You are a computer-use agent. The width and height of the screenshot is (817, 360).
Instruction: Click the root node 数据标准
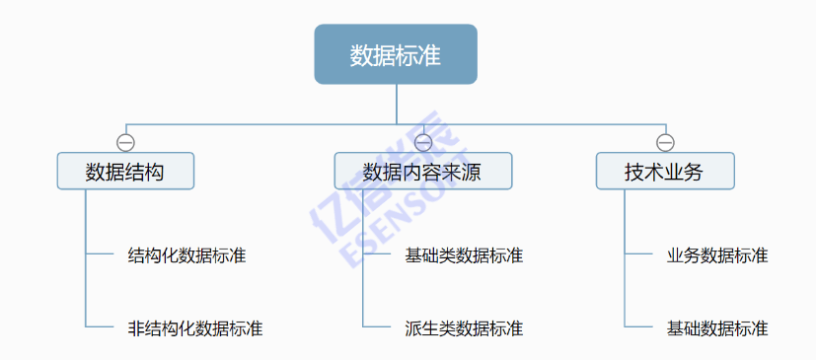(x=396, y=55)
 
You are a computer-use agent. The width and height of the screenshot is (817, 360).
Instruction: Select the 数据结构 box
(x=125, y=173)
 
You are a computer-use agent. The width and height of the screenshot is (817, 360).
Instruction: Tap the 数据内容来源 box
(x=423, y=173)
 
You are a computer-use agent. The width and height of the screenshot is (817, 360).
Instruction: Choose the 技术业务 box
(x=665, y=173)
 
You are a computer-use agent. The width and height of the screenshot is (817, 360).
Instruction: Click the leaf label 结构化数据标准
(x=187, y=256)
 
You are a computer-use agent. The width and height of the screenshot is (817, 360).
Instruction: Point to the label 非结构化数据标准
(x=195, y=328)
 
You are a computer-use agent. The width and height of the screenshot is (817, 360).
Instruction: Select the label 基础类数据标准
(x=464, y=256)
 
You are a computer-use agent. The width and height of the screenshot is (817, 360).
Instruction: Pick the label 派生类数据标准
(x=464, y=328)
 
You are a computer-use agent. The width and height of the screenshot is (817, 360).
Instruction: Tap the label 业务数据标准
(x=717, y=256)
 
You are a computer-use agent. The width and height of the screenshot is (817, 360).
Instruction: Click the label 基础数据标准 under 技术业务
(x=717, y=328)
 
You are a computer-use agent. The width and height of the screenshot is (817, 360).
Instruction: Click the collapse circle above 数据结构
(x=125, y=141)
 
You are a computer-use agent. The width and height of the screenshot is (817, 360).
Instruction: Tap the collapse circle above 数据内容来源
(x=423, y=141)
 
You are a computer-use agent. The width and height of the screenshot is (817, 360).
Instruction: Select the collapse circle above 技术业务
(x=665, y=141)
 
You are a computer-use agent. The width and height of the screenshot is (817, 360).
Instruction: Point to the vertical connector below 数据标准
(x=396, y=104)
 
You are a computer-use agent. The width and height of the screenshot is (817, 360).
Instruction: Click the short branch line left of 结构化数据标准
(x=101, y=254)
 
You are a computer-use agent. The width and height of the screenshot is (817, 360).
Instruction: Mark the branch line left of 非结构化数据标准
(x=101, y=326)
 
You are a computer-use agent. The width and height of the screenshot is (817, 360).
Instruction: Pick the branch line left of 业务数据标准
(x=640, y=254)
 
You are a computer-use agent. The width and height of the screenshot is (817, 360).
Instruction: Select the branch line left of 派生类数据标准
(x=378, y=326)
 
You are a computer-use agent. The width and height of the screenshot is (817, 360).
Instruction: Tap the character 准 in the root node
(x=429, y=55)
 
